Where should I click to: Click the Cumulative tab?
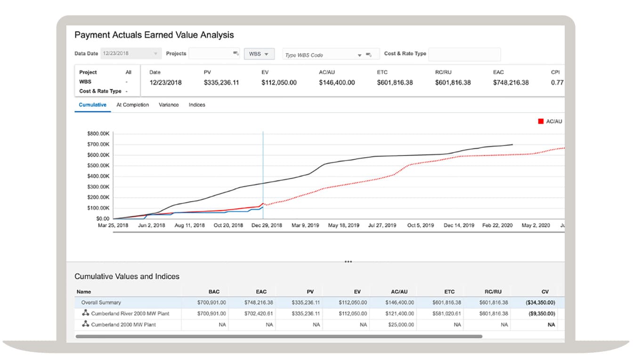click(x=92, y=105)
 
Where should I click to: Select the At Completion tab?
click(x=132, y=105)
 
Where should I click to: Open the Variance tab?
click(x=169, y=105)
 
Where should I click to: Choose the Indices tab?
click(x=197, y=105)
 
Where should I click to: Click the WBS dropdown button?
click(x=259, y=54)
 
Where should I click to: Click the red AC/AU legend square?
click(x=541, y=122)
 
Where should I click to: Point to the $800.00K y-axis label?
click(x=98, y=134)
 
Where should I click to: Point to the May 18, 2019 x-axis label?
click(x=343, y=226)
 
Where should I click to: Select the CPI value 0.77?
click(x=557, y=82)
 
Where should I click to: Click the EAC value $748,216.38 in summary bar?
click(x=511, y=82)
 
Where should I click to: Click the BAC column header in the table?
click(x=214, y=292)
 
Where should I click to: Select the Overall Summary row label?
click(x=101, y=303)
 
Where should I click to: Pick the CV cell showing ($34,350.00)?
click(x=540, y=303)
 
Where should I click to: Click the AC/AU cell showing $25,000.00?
click(x=399, y=325)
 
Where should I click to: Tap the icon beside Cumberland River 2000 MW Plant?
click(x=86, y=313)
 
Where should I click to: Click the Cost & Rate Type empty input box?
click(x=464, y=54)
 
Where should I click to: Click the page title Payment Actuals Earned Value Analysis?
click(x=154, y=35)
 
